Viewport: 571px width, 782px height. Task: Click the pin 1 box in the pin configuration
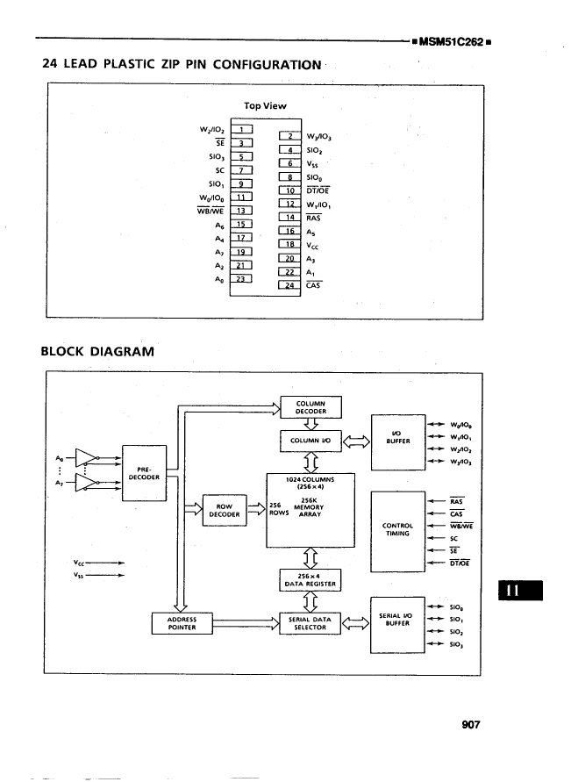point(240,129)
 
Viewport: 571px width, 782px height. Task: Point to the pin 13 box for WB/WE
point(240,210)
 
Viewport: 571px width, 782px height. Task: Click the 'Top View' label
point(265,105)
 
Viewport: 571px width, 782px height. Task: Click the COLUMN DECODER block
point(310,406)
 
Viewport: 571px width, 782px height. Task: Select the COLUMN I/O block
point(310,440)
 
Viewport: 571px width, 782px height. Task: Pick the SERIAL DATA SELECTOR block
point(310,623)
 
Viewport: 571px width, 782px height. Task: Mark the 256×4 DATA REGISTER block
point(310,579)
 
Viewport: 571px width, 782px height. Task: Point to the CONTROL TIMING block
point(397,529)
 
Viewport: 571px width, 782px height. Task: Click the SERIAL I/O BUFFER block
point(397,623)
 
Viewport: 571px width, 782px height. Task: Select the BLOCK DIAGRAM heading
point(97,351)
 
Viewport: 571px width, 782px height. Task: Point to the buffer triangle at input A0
point(86,456)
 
